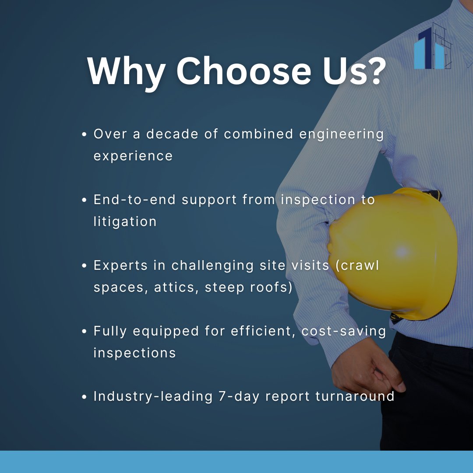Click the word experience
pos(133,156)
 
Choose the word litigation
pos(125,222)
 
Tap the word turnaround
pos(355,396)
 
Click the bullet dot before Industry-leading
pos(85,397)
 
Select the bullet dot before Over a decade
pos(85,135)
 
